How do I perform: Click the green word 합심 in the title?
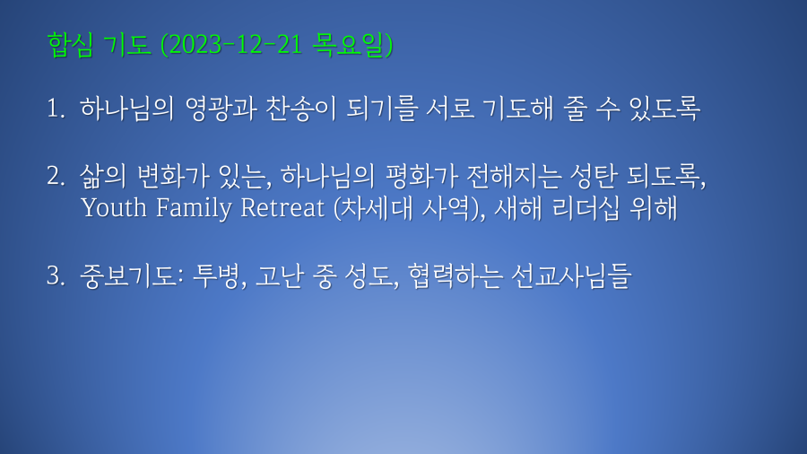tap(71, 44)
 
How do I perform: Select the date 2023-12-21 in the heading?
tap(235, 45)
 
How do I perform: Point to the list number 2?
tap(56, 176)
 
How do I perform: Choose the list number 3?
tap(56, 275)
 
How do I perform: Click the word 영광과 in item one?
tap(221, 109)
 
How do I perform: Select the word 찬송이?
tap(301, 109)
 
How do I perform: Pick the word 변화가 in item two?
tap(174, 176)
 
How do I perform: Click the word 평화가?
tap(421, 176)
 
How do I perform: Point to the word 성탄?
tap(594, 176)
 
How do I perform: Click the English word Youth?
tap(114, 208)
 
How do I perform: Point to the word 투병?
tap(215, 276)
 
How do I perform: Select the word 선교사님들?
tap(571, 276)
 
